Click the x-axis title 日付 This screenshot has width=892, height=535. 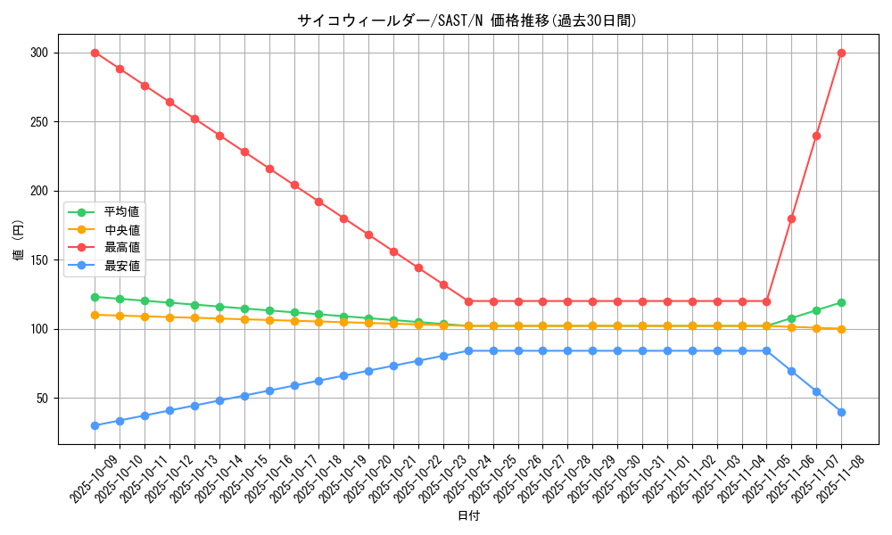[x=468, y=516]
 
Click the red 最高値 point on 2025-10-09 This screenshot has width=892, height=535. [x=95, y=53]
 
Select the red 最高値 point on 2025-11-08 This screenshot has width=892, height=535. [x=841, y=53]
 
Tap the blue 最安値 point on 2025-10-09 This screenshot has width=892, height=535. [x=95, y=425]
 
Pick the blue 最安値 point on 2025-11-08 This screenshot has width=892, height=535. [x=841, y=412]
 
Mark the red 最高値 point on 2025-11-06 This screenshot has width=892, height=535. [x=791, y=218]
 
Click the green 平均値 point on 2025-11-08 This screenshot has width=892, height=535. [x=841, y=302]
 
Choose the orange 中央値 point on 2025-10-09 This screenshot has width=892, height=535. [x=95, y=315]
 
